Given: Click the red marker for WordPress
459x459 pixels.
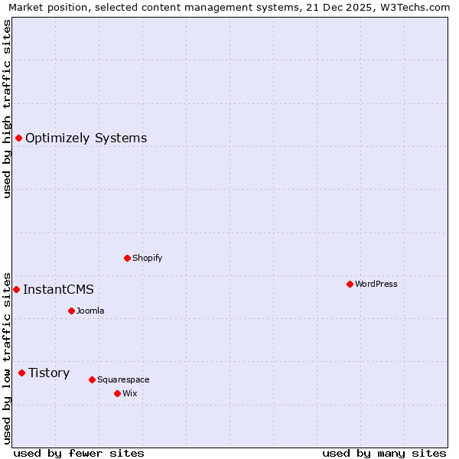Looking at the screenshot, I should (x=350, y=284).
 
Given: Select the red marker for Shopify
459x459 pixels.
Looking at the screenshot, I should (x=127, y=258).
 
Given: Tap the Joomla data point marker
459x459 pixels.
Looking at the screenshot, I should (x=71, y=311).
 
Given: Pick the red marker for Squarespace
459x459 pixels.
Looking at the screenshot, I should (x=92, y=379).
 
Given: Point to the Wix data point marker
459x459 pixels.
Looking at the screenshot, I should (x=117, y=393).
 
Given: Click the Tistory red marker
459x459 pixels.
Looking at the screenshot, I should (x=21, y=373).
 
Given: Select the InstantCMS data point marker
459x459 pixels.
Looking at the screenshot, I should (x=16, y=289).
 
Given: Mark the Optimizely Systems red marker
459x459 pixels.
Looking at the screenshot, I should (x=18, y=138).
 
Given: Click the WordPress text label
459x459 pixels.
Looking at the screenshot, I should (x=376, y=284).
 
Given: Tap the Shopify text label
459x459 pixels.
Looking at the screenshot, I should (x=148, y=258).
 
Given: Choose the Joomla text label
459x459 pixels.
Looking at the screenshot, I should (x=90, y=311).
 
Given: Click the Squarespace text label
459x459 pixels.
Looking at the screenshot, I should (x=123, y=379).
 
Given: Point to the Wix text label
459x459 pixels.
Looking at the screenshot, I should (x=130, y=393).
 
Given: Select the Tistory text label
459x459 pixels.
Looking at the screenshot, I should (x=49, y=373).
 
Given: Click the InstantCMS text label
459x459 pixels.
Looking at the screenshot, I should (x=58, y=289).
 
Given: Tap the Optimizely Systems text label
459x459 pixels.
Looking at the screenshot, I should (x=86, y=138).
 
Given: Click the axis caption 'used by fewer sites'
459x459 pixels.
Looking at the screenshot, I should (x=79, y=453).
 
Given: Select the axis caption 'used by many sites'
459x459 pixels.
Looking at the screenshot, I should (x=384, y=453).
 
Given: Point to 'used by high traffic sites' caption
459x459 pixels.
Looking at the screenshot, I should (x=7, y=109).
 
